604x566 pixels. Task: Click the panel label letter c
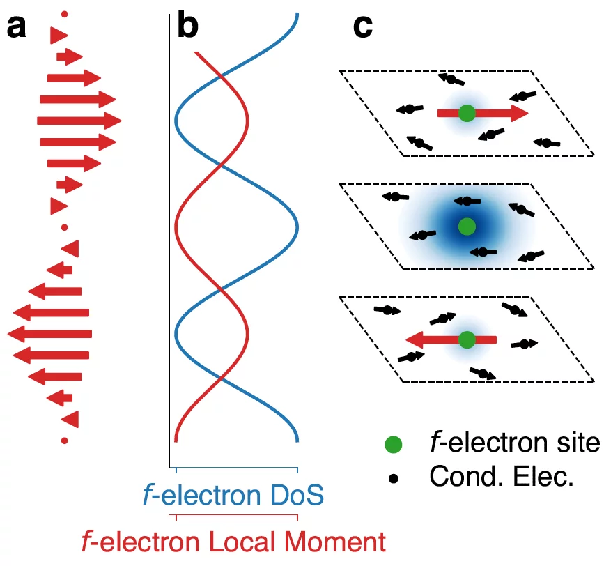tap(363, 27)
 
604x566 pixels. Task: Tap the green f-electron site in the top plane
tap(467, 113)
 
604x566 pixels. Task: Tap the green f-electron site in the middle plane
tap(467, 226)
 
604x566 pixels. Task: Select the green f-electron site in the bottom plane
tap(467, 339)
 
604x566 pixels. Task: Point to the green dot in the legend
tap(394, 444)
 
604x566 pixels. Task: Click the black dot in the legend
tap(394, 478)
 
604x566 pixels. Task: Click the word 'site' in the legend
tap(577, 443)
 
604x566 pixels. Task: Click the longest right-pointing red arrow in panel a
tap(79, 121)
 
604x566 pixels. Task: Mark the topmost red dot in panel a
tap(65, 14)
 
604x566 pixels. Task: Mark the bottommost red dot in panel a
tap(65, 440)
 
